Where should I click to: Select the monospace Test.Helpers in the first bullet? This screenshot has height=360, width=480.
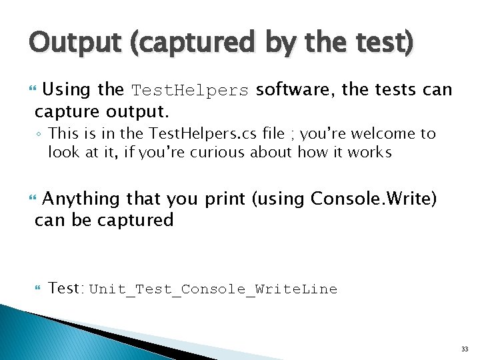190,91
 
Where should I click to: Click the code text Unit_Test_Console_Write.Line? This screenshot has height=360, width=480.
213,289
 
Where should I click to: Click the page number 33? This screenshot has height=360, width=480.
464,349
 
